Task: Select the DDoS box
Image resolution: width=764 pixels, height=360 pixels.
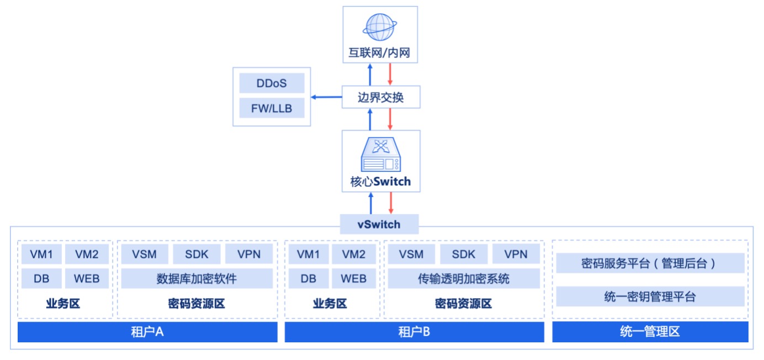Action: coord(272,83)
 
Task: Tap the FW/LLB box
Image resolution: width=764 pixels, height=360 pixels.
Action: coord(272,109)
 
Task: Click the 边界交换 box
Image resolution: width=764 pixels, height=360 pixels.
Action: coord(380,98)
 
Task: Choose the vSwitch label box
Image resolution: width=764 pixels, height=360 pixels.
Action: coord(378,225)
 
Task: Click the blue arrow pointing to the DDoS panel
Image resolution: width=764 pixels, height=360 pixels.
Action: coord(326,98)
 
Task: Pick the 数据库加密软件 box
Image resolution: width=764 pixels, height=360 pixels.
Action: coord(197,279)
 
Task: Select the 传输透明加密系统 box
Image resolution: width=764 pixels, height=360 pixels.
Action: coord(464,279)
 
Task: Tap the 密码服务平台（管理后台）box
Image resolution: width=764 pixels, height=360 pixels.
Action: coord(650,263)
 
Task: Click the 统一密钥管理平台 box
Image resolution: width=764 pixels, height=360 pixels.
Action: coord(650,297)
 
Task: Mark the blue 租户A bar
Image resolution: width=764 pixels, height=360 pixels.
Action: coord(147,332)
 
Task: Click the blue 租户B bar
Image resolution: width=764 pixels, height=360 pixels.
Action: coord(414,332)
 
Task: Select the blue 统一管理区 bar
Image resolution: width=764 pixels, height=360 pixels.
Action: coord(650,332)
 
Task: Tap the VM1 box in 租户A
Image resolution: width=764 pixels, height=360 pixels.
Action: coord(41,255)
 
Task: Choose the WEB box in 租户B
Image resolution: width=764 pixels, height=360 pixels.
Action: coord(354,279)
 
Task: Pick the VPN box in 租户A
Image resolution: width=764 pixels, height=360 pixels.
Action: coord(249,255)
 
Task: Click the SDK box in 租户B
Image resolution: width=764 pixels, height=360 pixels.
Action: coord(464,255)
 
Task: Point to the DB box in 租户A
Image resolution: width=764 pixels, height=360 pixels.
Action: coord(41,279)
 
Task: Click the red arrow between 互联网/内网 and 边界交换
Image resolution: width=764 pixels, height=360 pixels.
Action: coord(390,74)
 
